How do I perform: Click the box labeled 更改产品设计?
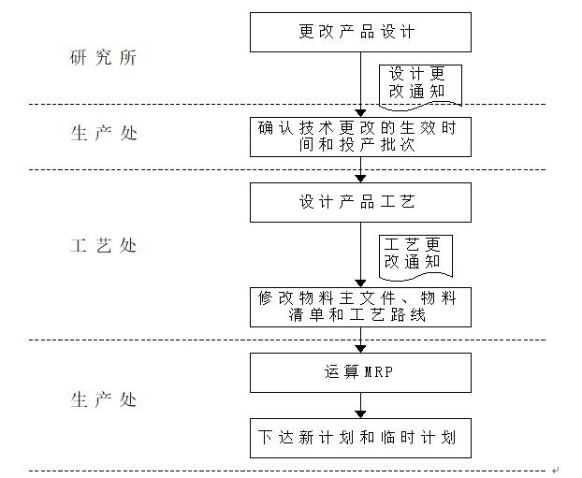pyautogui.click(x=359, y=33)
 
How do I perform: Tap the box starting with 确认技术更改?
pyautogui.click(x=359, y=137)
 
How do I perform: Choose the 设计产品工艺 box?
pyautogui.click(x=359, y=202)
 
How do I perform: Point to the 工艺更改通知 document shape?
pyautogui.click(x=414, y=254)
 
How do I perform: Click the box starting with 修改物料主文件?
pyautogui.click(x=359, y=307)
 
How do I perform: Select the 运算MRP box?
pyautogui.click(x=359, y=372)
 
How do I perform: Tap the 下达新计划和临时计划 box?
pyautogui.click(x=359, y=438)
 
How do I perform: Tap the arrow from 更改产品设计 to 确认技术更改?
pyautogui.click(x=360, y=84)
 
